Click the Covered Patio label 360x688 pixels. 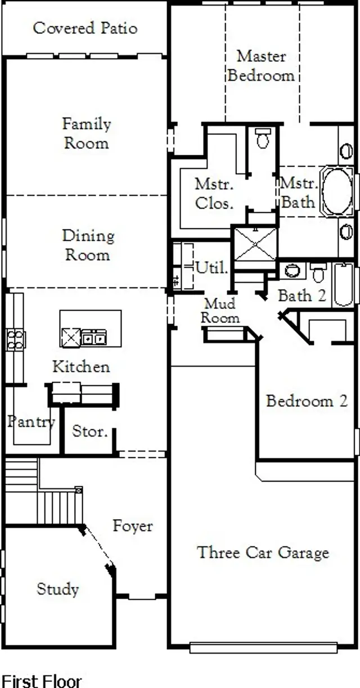click(85, 28)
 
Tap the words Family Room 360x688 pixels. click(86, 133)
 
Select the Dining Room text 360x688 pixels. click(88, 245)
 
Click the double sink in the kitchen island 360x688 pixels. click(93, 338)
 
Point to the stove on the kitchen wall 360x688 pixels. click(15, 339)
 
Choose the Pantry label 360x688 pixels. click(31, 421)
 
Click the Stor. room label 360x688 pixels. click(89, 432)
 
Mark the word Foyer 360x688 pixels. click(133, 526)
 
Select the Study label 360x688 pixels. click(57, 589)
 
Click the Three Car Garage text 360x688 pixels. click(263, 552)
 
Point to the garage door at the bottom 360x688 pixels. click(263, 647)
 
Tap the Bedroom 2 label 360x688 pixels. click(307, 401)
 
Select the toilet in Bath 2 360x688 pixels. click(318, 272)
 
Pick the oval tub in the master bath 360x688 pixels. click(337, 191)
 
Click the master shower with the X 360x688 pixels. click(255, 244)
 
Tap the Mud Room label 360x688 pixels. click(220, 311)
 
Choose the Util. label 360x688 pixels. click(212, 268)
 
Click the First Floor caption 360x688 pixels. click(42, 681)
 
